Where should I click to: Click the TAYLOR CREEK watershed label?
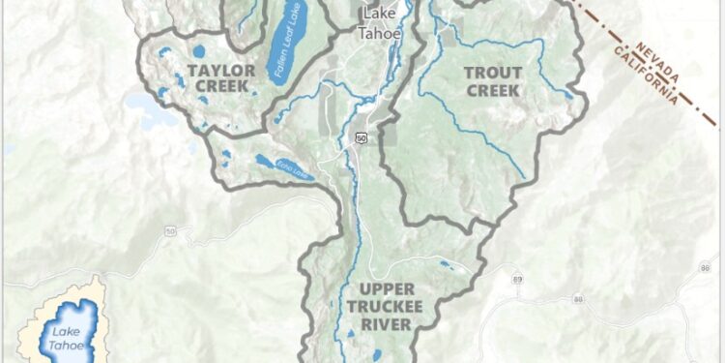(221, 78)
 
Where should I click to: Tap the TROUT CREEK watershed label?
(493, 81)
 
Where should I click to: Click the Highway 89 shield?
(518, 280)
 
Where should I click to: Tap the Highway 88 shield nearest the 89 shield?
(578, 300)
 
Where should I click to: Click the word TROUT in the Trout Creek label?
(493, 73)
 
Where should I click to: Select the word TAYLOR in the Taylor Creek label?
(221, 70)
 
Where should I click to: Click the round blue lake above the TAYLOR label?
(199, 50)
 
